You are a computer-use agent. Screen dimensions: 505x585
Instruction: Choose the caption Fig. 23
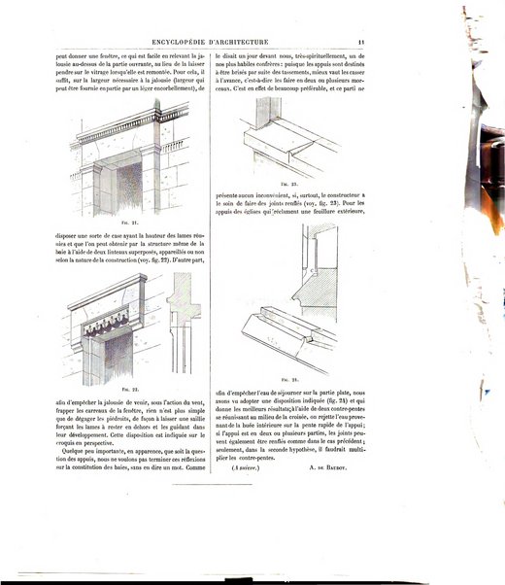(286, 182)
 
